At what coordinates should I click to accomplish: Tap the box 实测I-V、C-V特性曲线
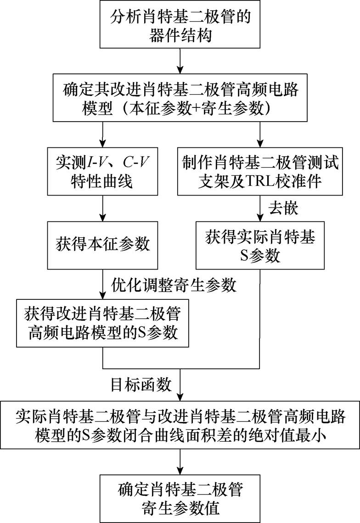[103, 170]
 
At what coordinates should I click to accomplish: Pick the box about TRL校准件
[260, 170]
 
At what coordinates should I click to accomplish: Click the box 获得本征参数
[103, 244]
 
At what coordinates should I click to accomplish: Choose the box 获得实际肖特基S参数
[260, 246]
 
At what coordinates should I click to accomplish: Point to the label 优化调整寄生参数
[174, 285]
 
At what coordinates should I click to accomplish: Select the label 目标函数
[141, 384]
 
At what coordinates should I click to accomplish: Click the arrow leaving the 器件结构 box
[180, 59]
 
